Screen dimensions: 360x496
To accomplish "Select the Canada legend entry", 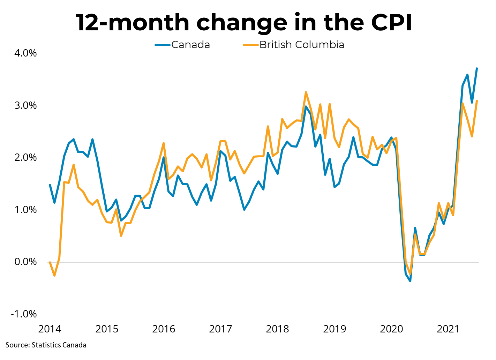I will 190,45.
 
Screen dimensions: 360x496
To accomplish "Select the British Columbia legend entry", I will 302,45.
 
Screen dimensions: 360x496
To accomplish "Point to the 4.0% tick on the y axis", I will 25,53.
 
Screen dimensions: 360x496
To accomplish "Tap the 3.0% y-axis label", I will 25,106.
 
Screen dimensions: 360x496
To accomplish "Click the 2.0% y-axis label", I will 25,158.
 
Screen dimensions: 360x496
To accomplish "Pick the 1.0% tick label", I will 25,210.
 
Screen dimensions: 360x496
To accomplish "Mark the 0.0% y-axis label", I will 25,262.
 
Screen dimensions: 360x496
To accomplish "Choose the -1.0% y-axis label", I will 24,314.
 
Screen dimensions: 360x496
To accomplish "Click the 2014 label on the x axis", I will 50,329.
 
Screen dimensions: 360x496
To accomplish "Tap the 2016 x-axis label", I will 164,329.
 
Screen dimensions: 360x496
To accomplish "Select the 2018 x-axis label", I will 277,329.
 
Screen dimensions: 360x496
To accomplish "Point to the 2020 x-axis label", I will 391,329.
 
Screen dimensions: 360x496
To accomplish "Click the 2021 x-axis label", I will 448,329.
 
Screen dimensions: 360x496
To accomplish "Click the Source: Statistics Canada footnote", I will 46,345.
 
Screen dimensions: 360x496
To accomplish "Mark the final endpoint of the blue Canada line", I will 477,68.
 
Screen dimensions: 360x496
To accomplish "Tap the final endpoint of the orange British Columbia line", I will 477,101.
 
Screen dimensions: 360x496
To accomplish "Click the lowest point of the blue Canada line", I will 410,281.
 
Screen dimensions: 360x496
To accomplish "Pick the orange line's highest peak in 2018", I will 306,92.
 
